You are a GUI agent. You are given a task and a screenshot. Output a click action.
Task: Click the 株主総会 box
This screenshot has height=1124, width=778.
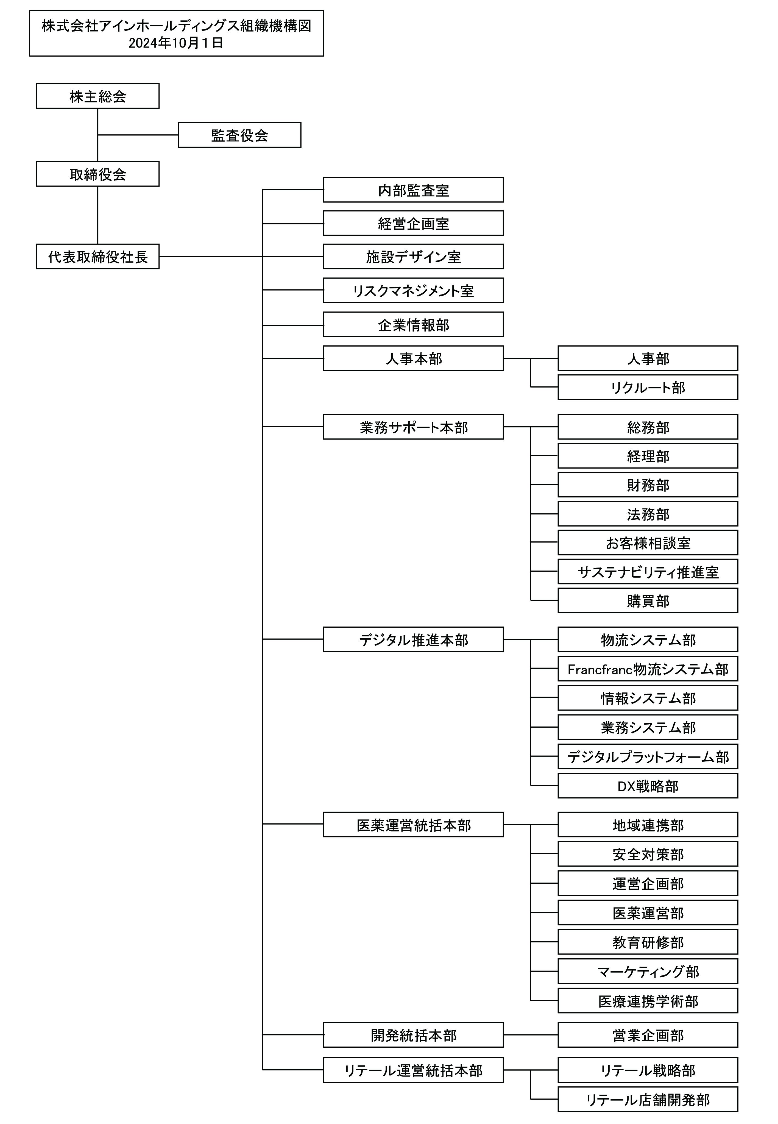pos(97,96)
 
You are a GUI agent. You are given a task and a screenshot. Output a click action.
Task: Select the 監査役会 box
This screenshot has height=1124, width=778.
pos(239,135)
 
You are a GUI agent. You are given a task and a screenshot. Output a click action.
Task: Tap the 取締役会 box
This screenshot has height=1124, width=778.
pos(97,174)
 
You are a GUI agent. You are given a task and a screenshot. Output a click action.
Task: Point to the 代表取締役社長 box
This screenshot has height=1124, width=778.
pos(97,257)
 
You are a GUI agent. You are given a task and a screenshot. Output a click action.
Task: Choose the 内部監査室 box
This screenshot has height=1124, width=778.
pos(413,190)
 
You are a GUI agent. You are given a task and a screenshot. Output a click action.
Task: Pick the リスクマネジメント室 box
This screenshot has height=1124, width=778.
pos(413,291)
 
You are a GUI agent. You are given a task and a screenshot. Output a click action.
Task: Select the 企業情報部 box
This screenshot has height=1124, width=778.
pos(413,325)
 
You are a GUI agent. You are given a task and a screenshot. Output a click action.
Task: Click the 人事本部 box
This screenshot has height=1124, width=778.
pos(413,358)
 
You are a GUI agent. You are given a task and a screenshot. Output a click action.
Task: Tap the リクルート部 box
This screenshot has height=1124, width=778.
pos(648,387)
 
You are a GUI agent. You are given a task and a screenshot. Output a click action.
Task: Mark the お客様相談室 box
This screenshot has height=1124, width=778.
pos(648,543)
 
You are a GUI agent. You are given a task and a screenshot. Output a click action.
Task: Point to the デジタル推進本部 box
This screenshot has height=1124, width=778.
pos(413,639)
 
